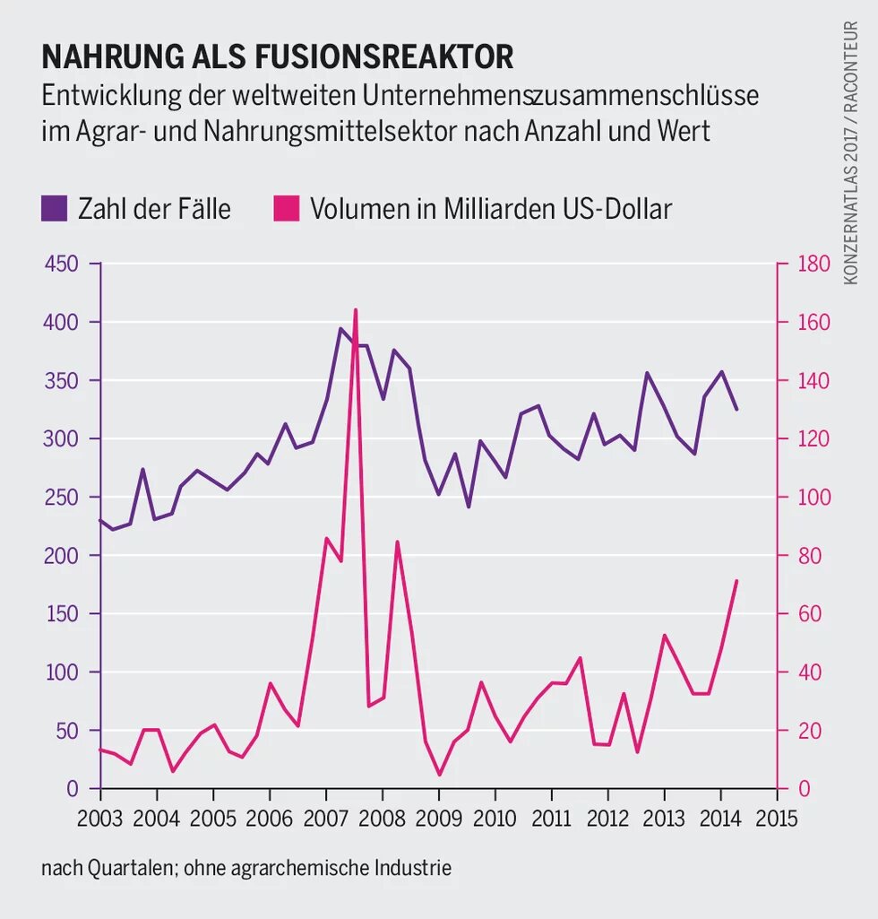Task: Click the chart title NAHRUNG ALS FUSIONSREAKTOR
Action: click(278, 56)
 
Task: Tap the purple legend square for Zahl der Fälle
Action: click(54, 209)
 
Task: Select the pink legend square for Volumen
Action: click(286, 209)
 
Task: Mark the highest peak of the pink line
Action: click(356, 309)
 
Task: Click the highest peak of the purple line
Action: click(340, 328)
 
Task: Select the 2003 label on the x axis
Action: click(100, 819)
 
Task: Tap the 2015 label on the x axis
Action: click(777, 819)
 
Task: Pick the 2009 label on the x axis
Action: click(439, 819)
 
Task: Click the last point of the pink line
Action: click(736, 581)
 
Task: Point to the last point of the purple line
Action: click(736, 409)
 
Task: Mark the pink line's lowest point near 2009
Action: click(439, 775)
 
